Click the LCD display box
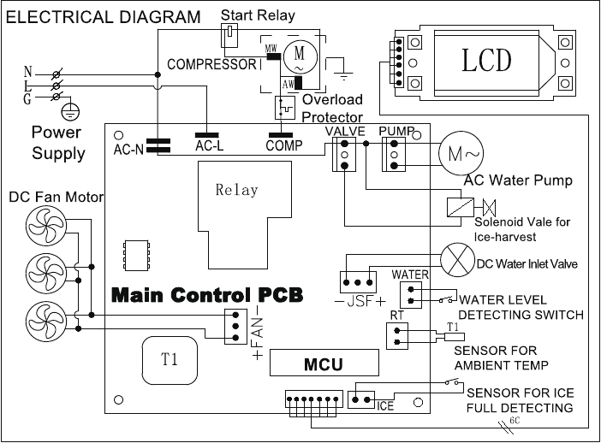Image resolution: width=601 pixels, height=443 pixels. [486, 60]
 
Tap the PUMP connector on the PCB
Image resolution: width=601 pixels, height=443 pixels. [394, 155]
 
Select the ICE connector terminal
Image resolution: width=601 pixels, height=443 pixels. [362, 398]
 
